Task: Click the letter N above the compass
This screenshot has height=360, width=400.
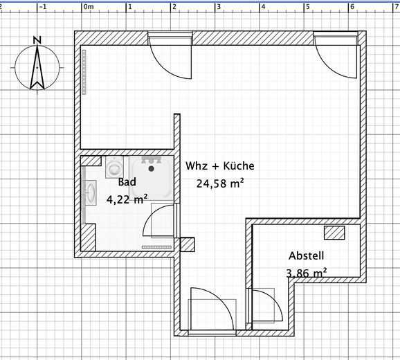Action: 37,39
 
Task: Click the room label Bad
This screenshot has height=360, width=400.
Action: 127,183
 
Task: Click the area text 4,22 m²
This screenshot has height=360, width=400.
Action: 127,199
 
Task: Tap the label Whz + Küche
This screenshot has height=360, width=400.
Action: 220,166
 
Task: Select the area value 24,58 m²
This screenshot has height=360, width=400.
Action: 220,183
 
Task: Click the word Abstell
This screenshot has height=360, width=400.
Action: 306,255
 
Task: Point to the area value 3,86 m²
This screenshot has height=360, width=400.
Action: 306,273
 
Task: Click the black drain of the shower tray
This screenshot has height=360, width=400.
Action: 150,168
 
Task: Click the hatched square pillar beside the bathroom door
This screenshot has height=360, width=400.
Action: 188,245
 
